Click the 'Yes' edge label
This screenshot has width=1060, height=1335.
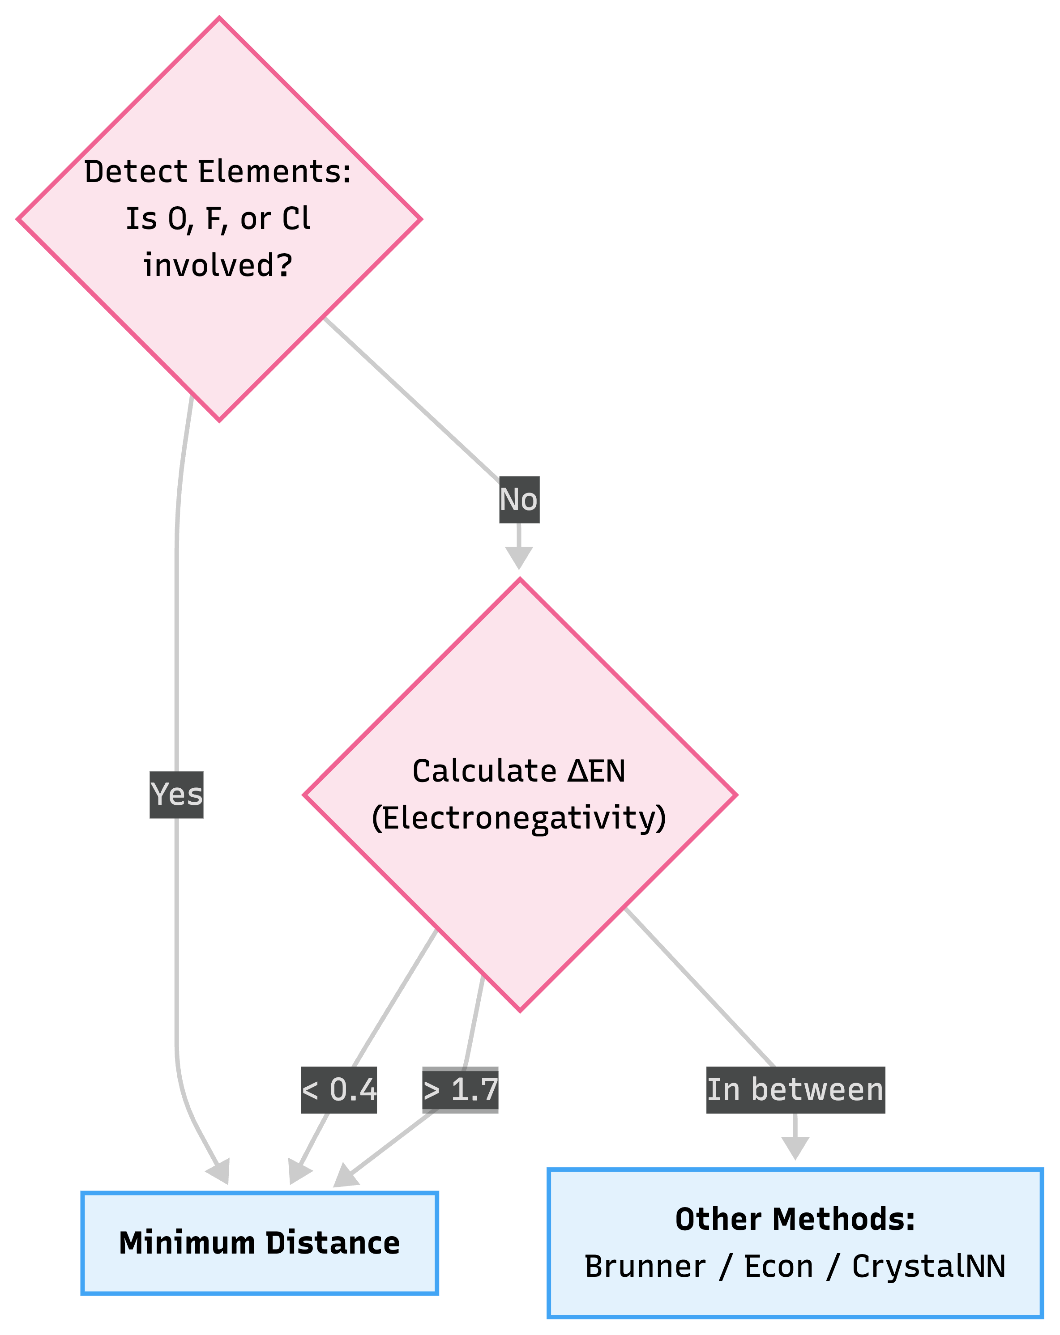[176, 795]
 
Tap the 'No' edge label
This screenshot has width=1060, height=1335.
[519, 500]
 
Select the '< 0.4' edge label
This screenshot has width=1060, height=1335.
[339, 1090]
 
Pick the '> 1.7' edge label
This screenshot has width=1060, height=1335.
[460, 1090]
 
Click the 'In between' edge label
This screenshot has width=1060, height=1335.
[795, 1090]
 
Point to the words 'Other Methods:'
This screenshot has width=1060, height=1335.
[795, 1219]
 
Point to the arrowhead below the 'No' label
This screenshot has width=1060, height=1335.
[519, 557]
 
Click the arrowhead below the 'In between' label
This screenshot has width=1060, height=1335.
[795, 1148]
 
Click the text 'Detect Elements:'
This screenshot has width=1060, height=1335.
[218, 171]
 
